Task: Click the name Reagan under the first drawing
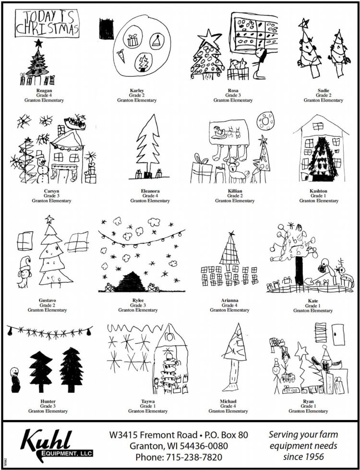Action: [44, 90]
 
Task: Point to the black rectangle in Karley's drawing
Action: [106, 29]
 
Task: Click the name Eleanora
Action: [150, 191]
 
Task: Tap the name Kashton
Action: [319, 191]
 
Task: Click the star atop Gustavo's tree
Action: [49, 219]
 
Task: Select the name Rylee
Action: [138, 300]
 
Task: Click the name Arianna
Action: [229, 300]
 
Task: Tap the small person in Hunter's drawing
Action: [15, 380]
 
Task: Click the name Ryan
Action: [308, 401]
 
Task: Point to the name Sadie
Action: [323, 90]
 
